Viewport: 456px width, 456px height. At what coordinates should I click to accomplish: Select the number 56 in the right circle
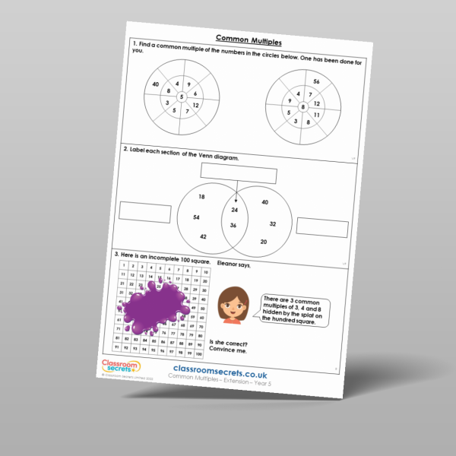(x=316, y=81)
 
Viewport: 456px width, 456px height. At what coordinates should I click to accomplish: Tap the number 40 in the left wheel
(x=156, y=84)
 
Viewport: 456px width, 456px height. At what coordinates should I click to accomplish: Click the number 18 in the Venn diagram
(x=201, y=197)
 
